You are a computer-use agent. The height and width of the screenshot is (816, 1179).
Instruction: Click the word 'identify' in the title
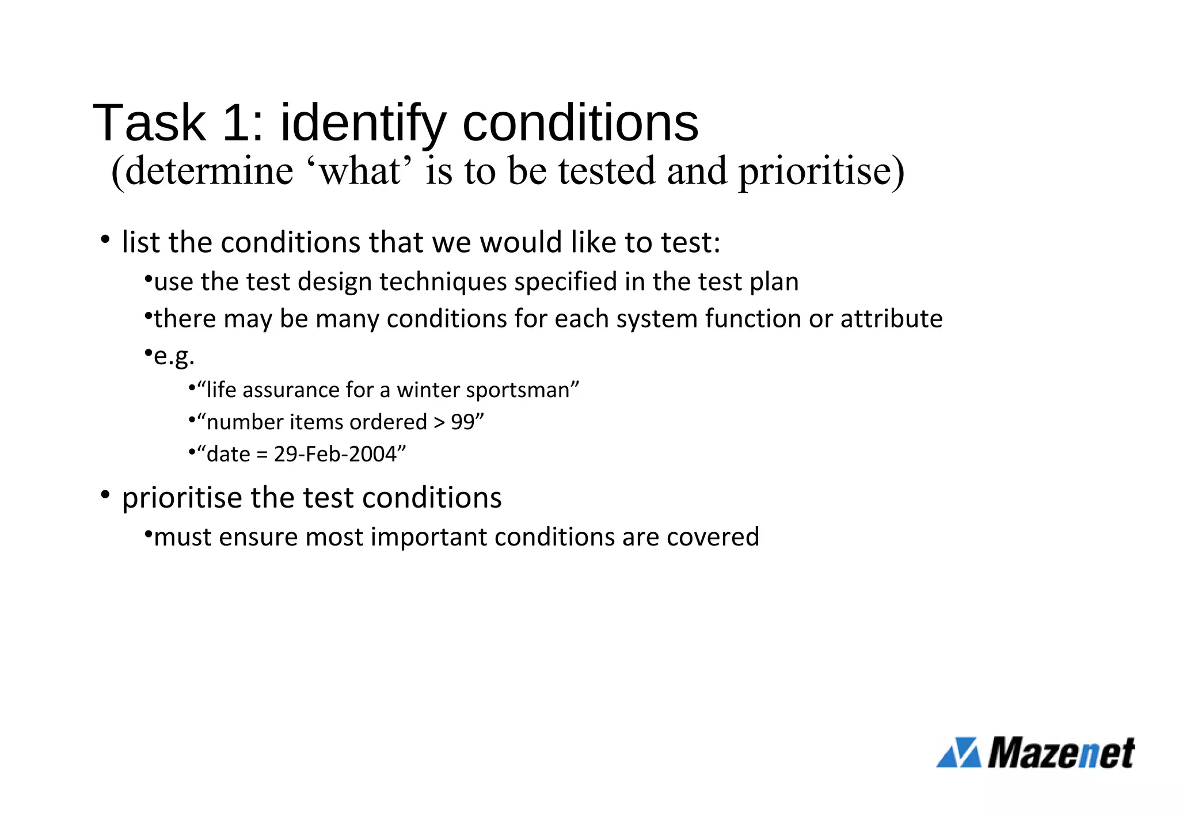click(x=363, y=124)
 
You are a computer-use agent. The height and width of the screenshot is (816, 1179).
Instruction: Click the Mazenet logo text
click(x=1060, y=753)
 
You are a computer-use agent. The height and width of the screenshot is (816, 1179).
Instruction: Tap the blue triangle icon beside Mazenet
click(x=959, y=753)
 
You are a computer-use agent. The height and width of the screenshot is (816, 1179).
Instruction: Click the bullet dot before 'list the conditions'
click(x=105, y=239)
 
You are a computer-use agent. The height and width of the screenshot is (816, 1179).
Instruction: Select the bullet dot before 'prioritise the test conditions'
click(x=105, y=495)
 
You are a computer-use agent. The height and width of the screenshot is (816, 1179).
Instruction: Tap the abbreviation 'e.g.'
click(x=174, y=356)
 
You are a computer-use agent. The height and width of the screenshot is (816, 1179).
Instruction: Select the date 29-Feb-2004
click(x=335, y=455)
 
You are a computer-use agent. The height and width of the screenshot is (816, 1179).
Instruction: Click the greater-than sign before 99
click(x=439, y=422)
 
